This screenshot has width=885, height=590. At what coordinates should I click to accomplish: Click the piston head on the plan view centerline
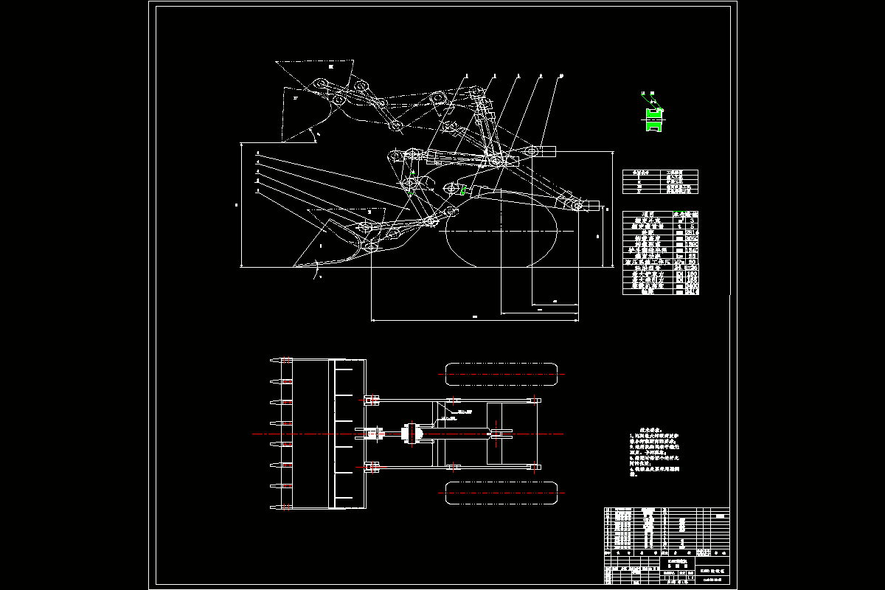point(410,434)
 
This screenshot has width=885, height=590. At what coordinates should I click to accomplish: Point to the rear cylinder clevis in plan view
point(502,434)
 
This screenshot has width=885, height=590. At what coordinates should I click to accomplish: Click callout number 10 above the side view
point(561,75)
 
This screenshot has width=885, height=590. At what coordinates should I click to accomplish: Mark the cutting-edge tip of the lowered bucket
point(295,265)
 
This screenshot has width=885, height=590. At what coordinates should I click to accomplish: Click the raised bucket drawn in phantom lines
point(306,103)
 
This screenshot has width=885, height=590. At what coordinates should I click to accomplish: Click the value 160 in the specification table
point(691,274)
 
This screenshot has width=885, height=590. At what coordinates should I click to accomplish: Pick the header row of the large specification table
point(660,214)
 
